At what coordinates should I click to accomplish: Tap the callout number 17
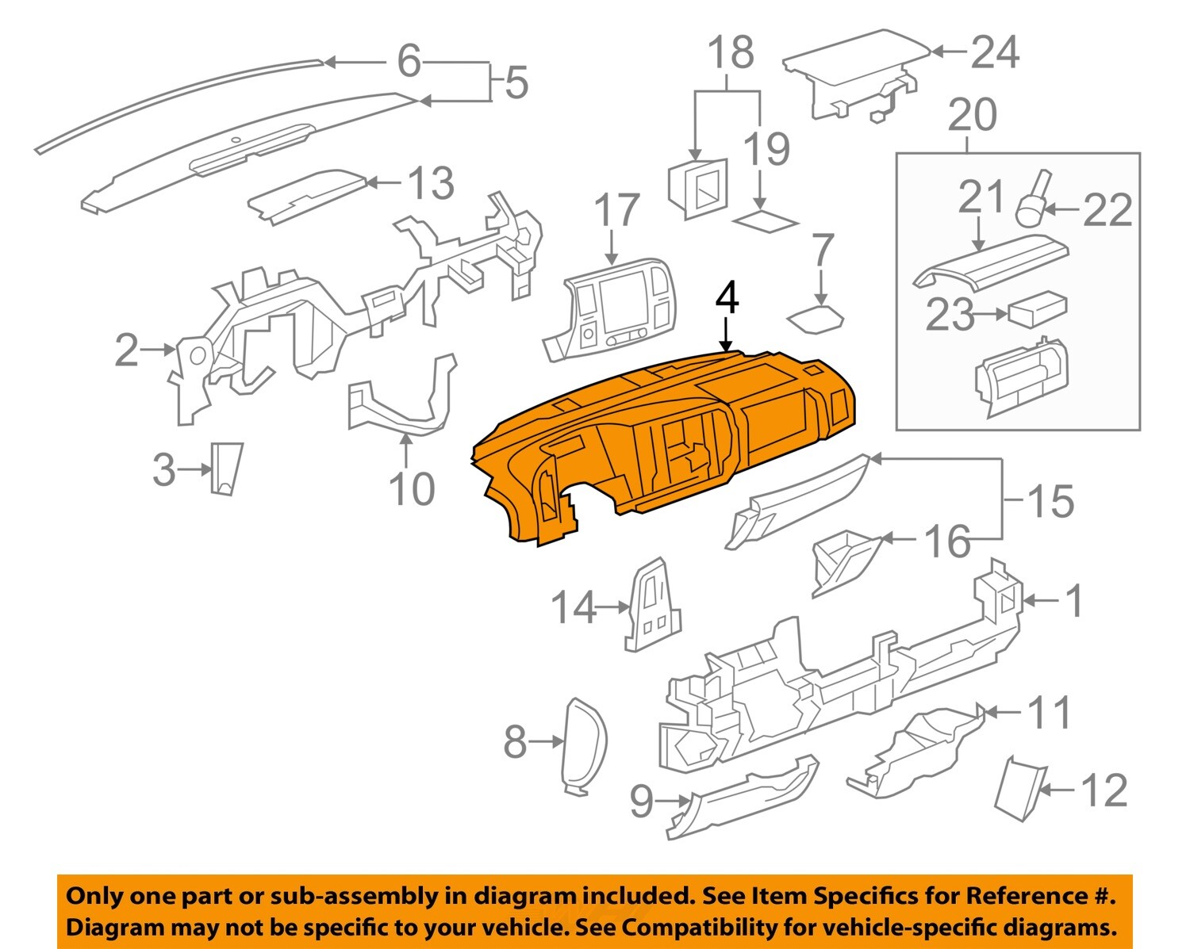tap(616, 210)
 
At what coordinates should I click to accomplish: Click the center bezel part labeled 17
tap(611, 309)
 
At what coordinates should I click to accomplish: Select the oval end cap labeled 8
tap(584, 745)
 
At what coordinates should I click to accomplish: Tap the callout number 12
tap(1104, 790)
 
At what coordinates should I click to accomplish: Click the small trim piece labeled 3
tap(226, 468)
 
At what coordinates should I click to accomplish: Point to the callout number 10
tap(412, 488)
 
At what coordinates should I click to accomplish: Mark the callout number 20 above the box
tap(973, 114)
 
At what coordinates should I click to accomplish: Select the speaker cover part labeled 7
tap(816, 319)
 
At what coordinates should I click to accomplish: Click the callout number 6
tap(409, 60)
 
